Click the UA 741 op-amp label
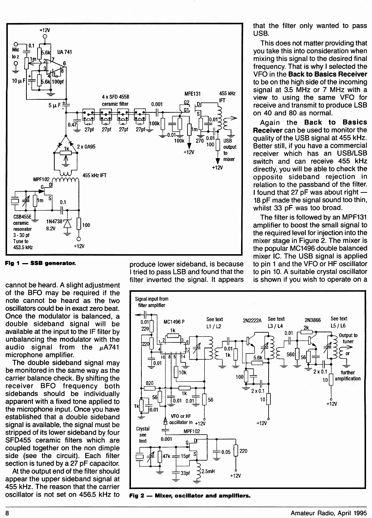coord(64,52)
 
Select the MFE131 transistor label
coord(192,94)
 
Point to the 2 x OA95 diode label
coord(86,147)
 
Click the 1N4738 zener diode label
coord(54,221)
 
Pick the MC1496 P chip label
coord(174,322)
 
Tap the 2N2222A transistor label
coord(252,320)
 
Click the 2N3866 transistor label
coord(312,320)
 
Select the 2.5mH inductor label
coord(208,471)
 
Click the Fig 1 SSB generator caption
coord(40,263)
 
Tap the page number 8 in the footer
coord(7,513)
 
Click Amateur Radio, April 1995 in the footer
coord(328,513)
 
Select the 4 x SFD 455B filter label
coord(116,97)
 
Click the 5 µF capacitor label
coord(55,105)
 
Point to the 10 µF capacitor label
coord(19,81)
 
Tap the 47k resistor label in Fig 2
coord(166,456)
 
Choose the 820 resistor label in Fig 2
coord(150,383)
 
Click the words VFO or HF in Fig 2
coord(181,416)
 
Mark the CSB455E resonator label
coord(22,217)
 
